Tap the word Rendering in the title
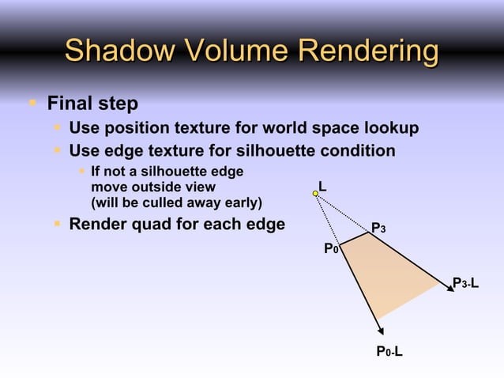click(x=365, y=52)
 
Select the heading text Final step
click(x=92, y=104)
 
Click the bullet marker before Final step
click(x=32, y=102)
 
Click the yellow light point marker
click(x=315, y=192)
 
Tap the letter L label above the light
click(x=322, y=186)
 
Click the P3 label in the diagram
click(x=378, y=229)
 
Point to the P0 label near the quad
click(x=332, y=249)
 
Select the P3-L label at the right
click(x=465, y=283)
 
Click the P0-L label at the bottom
click(x=389, y=350)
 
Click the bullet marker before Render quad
click(x=58, y=225)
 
